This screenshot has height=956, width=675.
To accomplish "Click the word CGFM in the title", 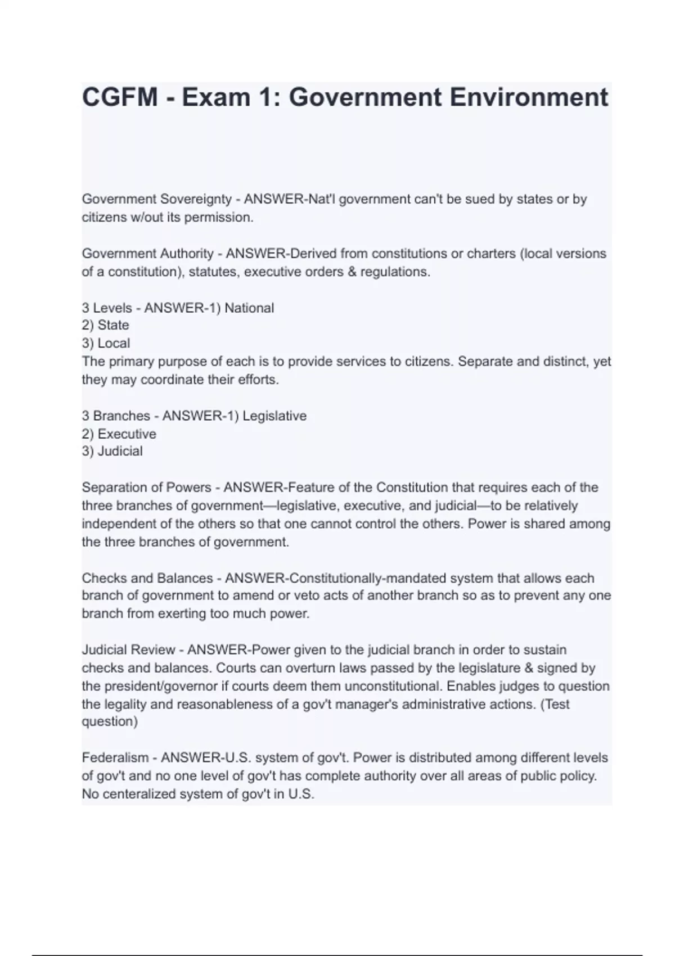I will tap(120, 97).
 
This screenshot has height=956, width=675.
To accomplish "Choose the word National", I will tap(249, 308).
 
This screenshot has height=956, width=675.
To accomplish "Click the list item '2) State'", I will tap(106, 325).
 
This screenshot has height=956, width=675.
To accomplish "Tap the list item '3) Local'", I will tap(106, 343).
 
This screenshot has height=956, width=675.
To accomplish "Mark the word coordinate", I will tap(172, 380).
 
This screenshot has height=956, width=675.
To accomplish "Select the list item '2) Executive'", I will tap(119, 434).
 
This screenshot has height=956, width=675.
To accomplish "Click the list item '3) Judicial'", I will tap(112, 451).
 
